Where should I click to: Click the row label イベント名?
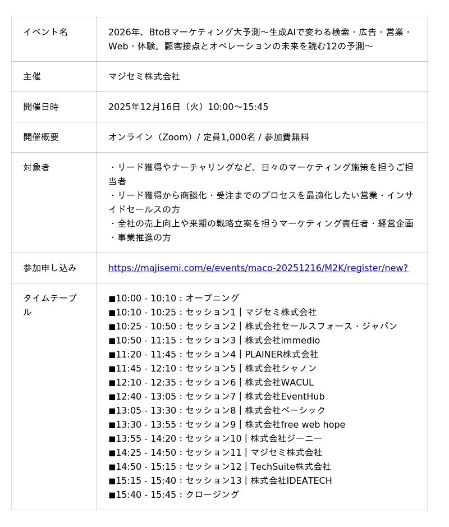coord(45,32)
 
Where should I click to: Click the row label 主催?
coord(32,76)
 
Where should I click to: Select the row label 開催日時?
coord(41,107)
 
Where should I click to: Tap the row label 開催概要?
coord(41,137)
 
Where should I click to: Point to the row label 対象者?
coord(36,167)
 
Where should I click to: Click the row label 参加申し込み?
coord(50,268)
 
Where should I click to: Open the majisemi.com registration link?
coord(258,268)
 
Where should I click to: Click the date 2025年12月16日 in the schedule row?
coord(144,107)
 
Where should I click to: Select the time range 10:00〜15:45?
coord(238,107)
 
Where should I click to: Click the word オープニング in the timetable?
coord(212,298)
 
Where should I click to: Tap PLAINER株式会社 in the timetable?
coord(281,354)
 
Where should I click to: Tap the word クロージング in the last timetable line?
coord(212,494)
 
